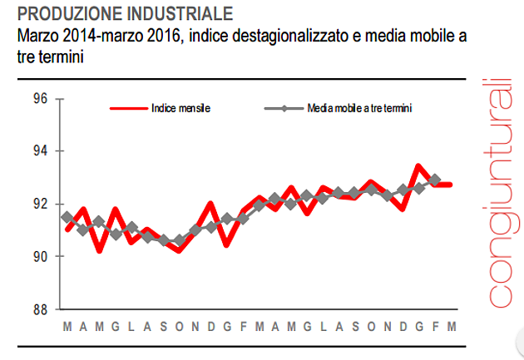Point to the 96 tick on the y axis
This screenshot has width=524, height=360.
pyautogui.click(x=37, y=99)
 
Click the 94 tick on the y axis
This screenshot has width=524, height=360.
pyautogui.click(x=37, y=151)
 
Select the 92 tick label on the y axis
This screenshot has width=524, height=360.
pyautogui.click(x=37, y=205)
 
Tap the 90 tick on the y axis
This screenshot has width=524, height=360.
pyautogui.click(x=37, y=257)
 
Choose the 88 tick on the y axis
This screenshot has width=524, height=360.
pyautogui.click(x=37, y=310)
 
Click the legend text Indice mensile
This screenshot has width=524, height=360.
pyautogui.click(x=180, y=108)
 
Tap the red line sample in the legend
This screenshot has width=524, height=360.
pyautogui.click(x=128, y=108)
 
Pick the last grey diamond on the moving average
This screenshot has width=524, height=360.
pyautogui.click(x=434, y=180)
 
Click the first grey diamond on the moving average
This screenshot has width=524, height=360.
pyautogui.click(x=67, y=217)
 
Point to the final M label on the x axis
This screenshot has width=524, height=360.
pyautogui.click(x=451, y=325)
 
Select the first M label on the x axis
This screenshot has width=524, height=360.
pyautogui.click(x=67, y=325)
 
